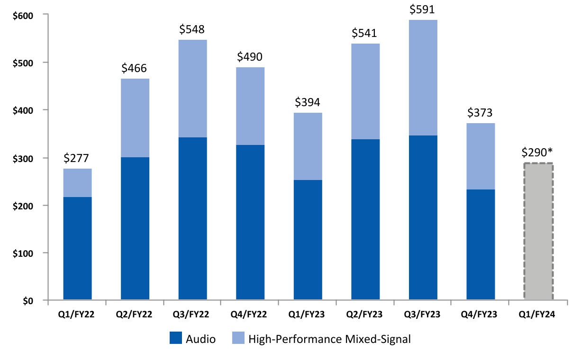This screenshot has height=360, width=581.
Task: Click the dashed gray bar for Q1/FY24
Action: point(538,232)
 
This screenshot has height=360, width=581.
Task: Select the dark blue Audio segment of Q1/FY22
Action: point(77,248)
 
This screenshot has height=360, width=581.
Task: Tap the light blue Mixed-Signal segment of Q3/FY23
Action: point(423,78)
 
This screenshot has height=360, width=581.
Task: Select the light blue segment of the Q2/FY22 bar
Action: point(135,118)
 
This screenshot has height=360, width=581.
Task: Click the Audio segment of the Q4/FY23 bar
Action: point(481,244)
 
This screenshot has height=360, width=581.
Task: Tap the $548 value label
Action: point(192,29)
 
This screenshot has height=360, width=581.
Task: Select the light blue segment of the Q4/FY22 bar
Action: point(250,106)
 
